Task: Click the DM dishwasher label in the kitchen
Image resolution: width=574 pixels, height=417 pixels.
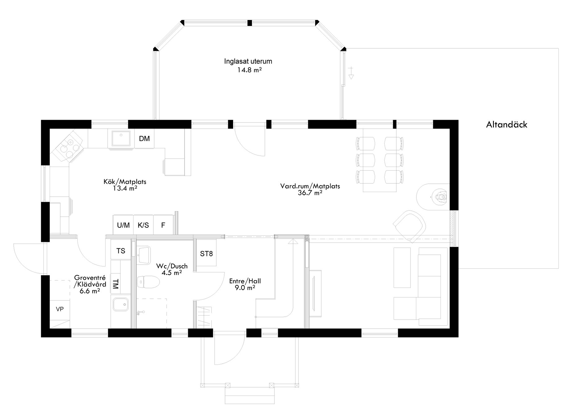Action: [x=144, y=139]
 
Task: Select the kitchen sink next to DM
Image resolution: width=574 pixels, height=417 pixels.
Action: [x=121, y=139]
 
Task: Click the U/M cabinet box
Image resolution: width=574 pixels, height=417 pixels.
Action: [x=123, y=225]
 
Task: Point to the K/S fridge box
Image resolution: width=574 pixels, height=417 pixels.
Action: [x=143, y=225]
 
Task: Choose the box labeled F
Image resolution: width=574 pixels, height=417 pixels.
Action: [x=163, y=225]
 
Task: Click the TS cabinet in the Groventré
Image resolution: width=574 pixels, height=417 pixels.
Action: [x=121, y=250]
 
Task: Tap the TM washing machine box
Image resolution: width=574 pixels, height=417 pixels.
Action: [x=115, y=284]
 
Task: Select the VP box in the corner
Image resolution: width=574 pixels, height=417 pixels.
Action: [x=60, y=309]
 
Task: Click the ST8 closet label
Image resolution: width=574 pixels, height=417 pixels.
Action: [x=206, y=254]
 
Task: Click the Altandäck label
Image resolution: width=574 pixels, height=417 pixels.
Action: [x=506, y=125]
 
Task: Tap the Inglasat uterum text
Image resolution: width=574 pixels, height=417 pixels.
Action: [x=248, y=61]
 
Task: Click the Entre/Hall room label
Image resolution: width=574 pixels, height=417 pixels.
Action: [x=245, y=281]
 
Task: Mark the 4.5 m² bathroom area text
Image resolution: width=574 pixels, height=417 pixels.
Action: [x=171, y=273]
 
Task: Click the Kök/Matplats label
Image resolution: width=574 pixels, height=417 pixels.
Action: [x=125, y=182]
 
